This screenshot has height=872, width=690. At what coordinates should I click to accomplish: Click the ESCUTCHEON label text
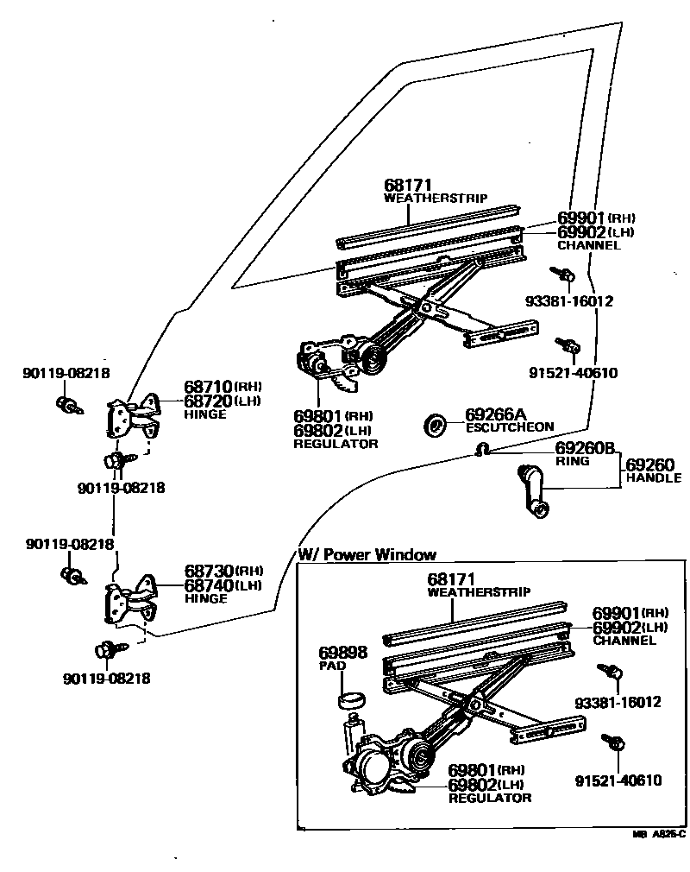[510, 427]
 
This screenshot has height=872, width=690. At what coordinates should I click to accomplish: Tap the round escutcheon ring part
[436, 424]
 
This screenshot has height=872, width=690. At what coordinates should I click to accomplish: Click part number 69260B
[584, 448]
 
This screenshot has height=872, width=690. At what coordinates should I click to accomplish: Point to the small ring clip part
[485, 448]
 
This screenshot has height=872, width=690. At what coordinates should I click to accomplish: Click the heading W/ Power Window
[367, 554]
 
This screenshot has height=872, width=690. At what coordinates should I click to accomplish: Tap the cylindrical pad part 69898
[349, 698]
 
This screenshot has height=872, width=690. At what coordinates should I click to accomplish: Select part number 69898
[342, 654]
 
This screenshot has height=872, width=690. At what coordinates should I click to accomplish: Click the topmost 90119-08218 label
[66, 373]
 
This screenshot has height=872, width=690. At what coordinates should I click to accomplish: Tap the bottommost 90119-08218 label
[107, 679]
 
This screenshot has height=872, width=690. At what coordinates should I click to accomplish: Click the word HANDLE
[654, 477]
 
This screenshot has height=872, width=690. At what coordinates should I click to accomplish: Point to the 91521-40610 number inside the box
[618, 781]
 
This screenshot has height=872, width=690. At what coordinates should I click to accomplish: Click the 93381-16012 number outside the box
[569, 301]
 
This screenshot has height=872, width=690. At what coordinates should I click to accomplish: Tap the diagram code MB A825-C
[658, 835]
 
